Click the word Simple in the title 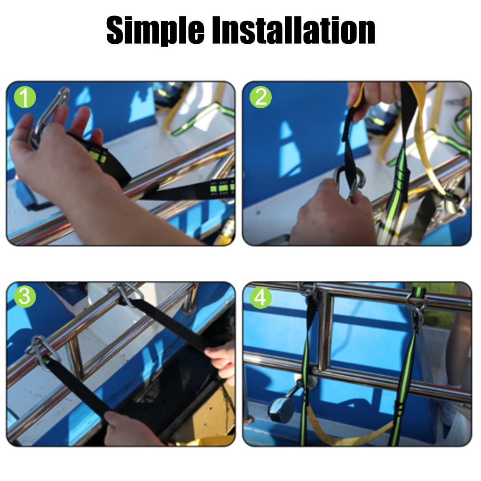coord(155,30)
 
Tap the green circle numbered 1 coord(25,97)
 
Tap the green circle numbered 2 coord(260,97)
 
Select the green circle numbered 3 coord(25,297)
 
